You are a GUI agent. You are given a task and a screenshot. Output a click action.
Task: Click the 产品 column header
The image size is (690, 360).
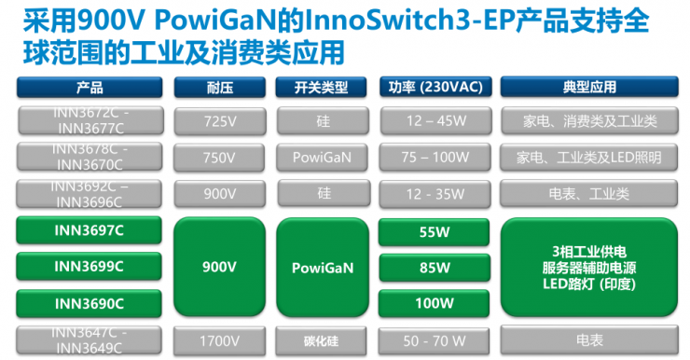pos(90,88)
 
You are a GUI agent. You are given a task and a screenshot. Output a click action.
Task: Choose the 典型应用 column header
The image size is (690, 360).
pos(589,88)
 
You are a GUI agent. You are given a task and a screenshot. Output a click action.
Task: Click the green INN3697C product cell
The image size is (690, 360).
pos(90,230)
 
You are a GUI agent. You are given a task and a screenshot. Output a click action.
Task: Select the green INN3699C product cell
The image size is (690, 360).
pos(90,267)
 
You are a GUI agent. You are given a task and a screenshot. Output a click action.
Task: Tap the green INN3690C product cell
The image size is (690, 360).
pos(90,303)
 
